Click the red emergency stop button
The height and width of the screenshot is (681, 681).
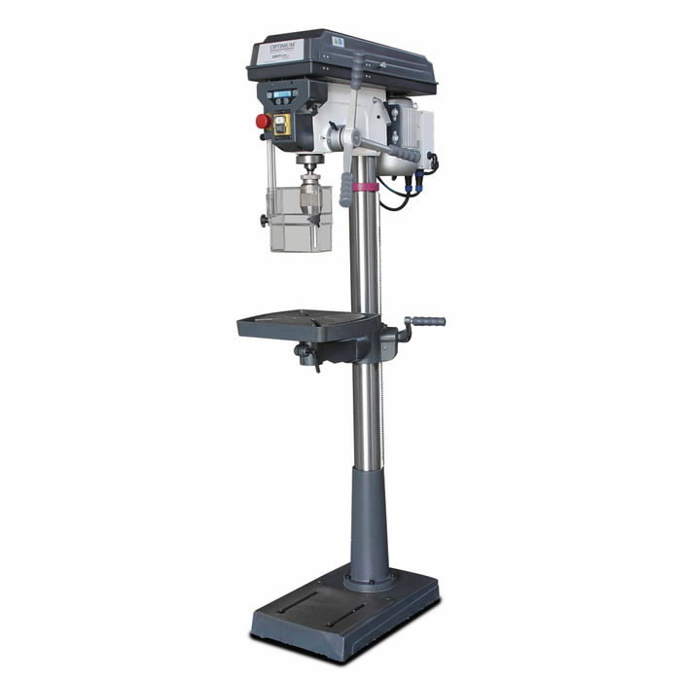262,122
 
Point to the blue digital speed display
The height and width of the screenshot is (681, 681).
283,94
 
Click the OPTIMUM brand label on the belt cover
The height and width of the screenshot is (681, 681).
280,50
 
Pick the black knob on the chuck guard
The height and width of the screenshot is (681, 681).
265,221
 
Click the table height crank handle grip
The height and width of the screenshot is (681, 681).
428,321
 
